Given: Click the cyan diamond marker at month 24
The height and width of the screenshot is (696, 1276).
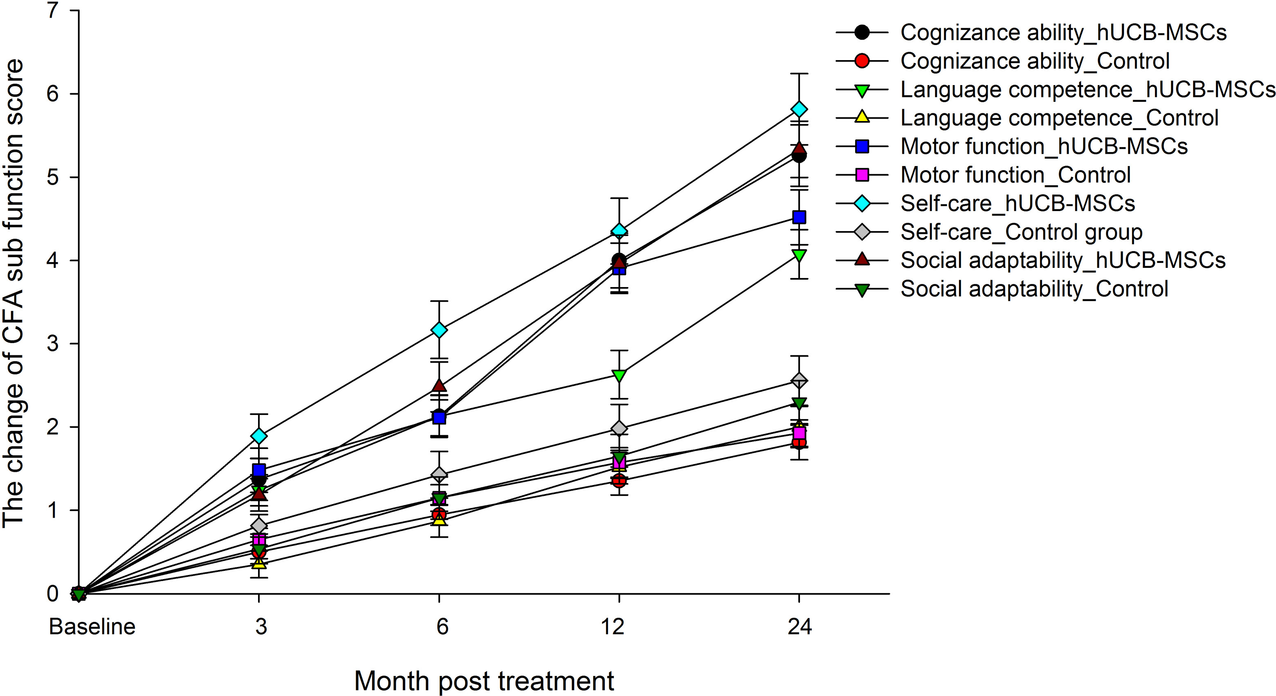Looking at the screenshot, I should tap(799, 109).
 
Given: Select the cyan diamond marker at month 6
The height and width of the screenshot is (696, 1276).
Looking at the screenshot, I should tap(439, 330).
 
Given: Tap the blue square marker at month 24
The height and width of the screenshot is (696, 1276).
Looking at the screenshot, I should tap(799, 217).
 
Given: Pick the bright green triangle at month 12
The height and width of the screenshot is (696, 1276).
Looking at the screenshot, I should tap(619, 375).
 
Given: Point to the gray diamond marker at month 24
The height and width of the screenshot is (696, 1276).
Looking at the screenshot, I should tap(799, 381).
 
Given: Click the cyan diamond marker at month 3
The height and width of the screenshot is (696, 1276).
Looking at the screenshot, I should tap(258, 436).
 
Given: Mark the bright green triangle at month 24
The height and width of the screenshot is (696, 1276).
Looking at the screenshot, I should tap(799, 256).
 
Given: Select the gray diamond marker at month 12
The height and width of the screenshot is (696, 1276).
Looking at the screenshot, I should tap(619, 428).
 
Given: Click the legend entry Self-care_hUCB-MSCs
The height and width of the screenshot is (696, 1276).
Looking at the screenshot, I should tap(1018, 204).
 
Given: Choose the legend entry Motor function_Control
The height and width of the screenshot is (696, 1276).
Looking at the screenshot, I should tap(1015, 175).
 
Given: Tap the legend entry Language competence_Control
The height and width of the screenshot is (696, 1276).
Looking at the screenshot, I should tap(1059, 118).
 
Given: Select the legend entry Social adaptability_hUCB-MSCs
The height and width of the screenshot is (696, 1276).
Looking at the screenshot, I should tap(1063, 260).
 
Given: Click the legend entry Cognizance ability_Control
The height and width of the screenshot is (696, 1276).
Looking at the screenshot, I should tap(1035, 61).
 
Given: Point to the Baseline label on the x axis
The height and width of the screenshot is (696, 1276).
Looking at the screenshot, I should tap(92, 626).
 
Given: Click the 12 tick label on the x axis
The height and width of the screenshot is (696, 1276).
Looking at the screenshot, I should tap(613, 626).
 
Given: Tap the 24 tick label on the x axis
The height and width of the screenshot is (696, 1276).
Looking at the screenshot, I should tap(800, 626).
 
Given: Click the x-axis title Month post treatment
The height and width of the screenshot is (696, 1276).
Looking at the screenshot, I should tap(484, 681).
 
